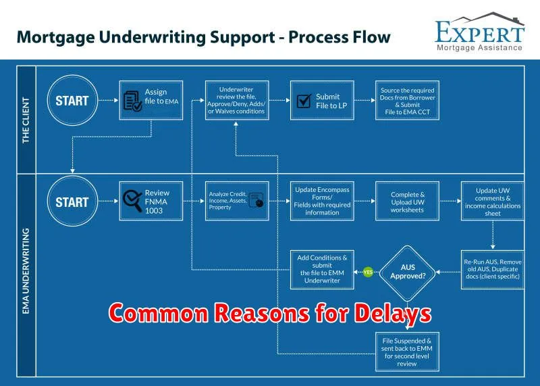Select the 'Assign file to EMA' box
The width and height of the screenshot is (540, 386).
pos(151,100)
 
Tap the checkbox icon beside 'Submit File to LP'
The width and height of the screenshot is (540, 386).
pos(304,101)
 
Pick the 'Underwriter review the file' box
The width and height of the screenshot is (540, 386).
pos(237,100)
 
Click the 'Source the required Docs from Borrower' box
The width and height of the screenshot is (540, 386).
pos(407,100)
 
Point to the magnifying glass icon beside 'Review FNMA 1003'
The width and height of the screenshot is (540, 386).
pos(132,200)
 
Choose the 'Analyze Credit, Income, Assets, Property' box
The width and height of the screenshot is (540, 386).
pos(237,201)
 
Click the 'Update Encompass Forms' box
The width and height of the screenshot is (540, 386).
pos(322,201)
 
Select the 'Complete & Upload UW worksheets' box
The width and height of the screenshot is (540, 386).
pos(407,201)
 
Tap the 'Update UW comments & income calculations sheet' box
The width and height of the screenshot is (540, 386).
pos(493,201)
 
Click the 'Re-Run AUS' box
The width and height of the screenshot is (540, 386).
pos(493,270)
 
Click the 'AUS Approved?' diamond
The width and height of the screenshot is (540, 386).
pos(408,272)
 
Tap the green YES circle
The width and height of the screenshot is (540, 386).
pos(368,272)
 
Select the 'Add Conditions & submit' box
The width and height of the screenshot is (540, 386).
pos(322,270)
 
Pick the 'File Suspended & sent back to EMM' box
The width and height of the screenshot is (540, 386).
pos(407,352)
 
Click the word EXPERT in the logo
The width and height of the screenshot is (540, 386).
pos(480,32)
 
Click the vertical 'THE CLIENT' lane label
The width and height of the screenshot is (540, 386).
pos(26,120)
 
